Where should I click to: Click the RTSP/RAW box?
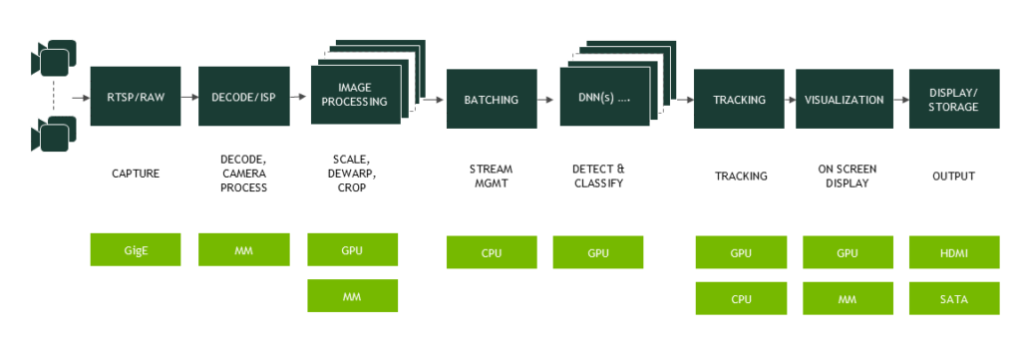point(136,97)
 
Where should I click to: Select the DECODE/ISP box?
point(243,97)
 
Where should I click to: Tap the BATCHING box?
point(492,99)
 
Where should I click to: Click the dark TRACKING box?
point(739,99)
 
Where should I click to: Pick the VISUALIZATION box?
point(844,99)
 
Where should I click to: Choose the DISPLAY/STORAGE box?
point(954,99)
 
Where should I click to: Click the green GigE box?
point(136,250)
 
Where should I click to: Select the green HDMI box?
point(954,252)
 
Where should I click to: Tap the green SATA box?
point(954,298)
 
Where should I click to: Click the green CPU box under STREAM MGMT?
point(492,252)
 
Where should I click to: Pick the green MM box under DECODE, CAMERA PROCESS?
point(243,250)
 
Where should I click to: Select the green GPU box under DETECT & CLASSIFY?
point(598,252)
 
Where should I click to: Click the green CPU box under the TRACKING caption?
point(741,298)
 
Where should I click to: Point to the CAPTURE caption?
point(136,174)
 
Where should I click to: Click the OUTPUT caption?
point(953,176)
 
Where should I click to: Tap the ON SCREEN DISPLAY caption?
point(848,176)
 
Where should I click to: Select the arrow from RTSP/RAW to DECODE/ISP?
point(189,97)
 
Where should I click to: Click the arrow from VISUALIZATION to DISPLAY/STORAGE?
point(901,100)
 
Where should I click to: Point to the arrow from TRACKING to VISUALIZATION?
point(790,100)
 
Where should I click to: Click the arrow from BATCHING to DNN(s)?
point(545,100)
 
